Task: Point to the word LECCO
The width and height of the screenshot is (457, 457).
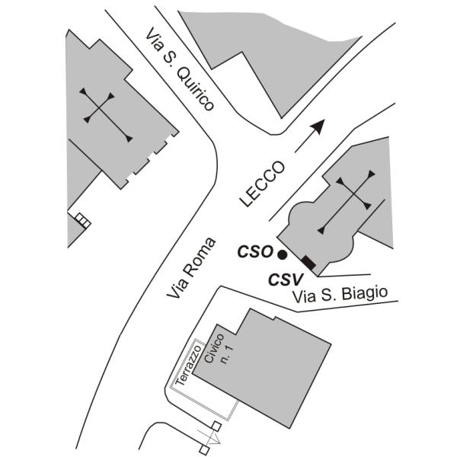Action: (x=262, y=184)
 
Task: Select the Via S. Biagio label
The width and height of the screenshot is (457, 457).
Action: (x=340, y=295)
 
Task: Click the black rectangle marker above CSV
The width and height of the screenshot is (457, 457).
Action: (x=308, y=264)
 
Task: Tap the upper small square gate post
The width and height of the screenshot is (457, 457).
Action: (x=216, y=427)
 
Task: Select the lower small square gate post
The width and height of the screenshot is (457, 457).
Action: (x=203, y=449)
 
